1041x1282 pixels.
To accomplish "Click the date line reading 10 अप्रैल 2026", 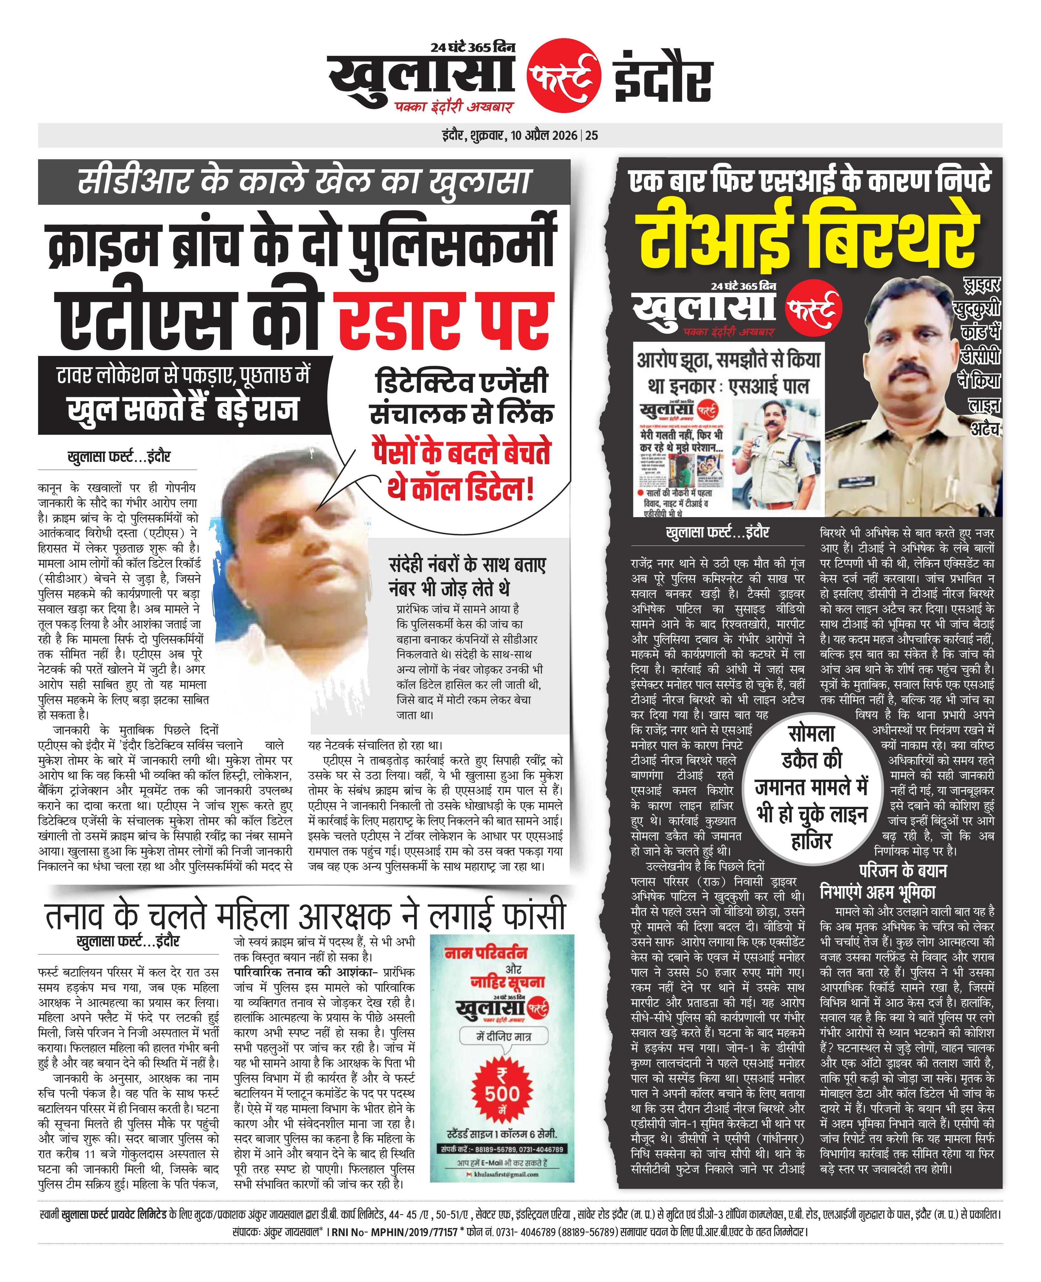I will (x=546, y=136).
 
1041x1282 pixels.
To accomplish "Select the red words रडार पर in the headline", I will (x=444, y=321).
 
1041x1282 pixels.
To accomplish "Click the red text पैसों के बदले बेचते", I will (x=461, y=453).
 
